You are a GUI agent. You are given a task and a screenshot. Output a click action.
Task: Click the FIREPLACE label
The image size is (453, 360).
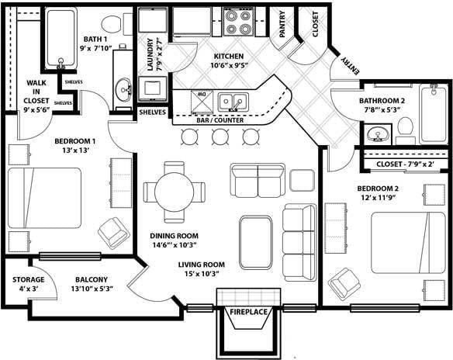(248, 312)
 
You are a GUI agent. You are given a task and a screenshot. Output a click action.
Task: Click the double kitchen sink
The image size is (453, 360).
(232, 102)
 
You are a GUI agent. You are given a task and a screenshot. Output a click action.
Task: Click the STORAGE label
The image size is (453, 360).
(28, 279)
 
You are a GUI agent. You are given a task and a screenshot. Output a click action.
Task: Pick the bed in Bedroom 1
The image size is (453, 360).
(44, 198)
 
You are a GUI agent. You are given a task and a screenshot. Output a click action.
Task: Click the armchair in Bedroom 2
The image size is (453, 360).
(344, 283)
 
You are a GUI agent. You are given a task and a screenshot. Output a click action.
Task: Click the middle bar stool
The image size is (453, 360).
(220, 137)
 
